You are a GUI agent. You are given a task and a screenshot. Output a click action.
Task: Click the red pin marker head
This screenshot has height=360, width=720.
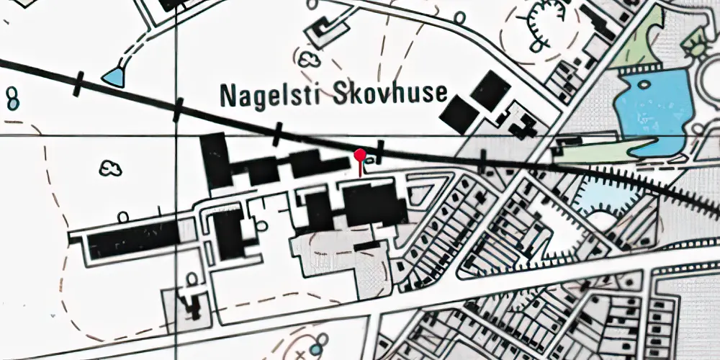[x=360, y=153]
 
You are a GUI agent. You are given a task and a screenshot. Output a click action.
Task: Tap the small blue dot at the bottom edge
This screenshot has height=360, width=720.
[x=315, y=350]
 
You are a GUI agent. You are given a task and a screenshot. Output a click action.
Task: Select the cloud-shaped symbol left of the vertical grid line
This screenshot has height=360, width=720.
[x=110, y=170]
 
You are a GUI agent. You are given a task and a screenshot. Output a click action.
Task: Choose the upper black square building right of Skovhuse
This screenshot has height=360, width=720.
[x=491, y=89]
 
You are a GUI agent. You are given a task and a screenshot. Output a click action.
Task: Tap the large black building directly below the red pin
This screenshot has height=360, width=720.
[x=373, y=204]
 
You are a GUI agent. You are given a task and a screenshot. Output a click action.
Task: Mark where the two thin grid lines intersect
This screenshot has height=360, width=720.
[x=178, y=135]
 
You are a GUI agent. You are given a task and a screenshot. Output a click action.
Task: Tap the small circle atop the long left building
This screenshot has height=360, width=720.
[x=123, y=217]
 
